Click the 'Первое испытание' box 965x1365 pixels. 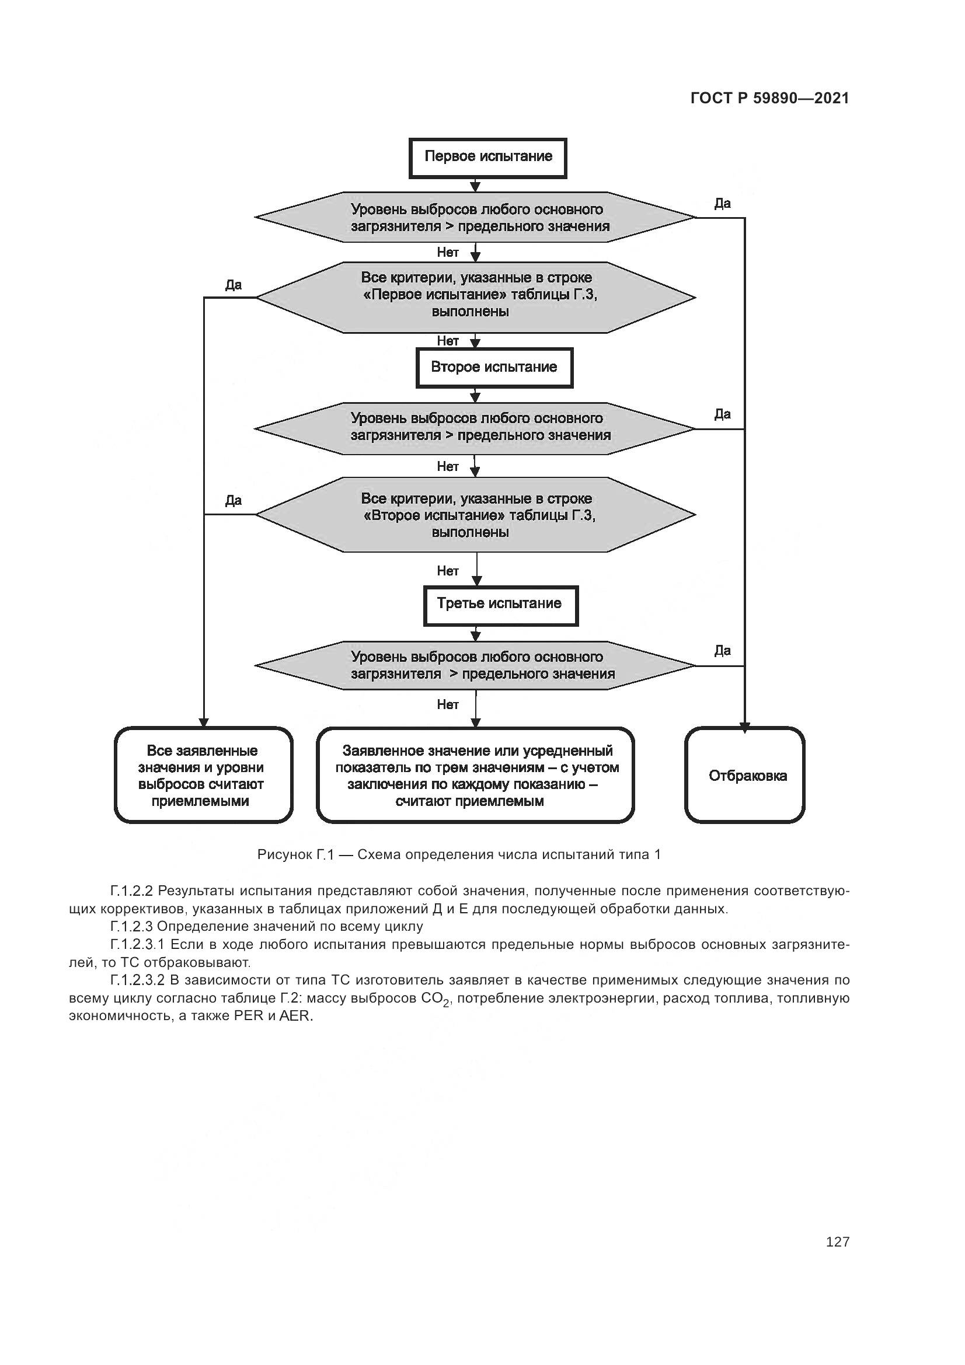[487, 158]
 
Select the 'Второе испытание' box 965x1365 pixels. [493, 368]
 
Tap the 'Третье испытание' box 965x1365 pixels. [500, 605]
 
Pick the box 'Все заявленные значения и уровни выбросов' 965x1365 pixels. [203, 776]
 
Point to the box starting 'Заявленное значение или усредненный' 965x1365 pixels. [476, 776]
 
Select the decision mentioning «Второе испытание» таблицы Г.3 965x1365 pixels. [476, 515]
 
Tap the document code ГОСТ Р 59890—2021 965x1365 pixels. [770, 99]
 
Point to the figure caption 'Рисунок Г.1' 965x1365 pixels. [458, 854]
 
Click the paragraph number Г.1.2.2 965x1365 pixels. [131, 891]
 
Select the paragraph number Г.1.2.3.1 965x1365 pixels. [138, 945]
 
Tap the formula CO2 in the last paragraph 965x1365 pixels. [437, 998]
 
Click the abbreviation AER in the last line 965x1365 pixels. [295, 1016]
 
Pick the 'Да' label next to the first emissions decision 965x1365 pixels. [722, 204]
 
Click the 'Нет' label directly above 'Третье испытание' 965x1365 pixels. [448, 571]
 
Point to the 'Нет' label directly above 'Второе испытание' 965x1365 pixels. [448, 341]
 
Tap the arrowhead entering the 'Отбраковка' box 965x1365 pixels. [744, 727]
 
